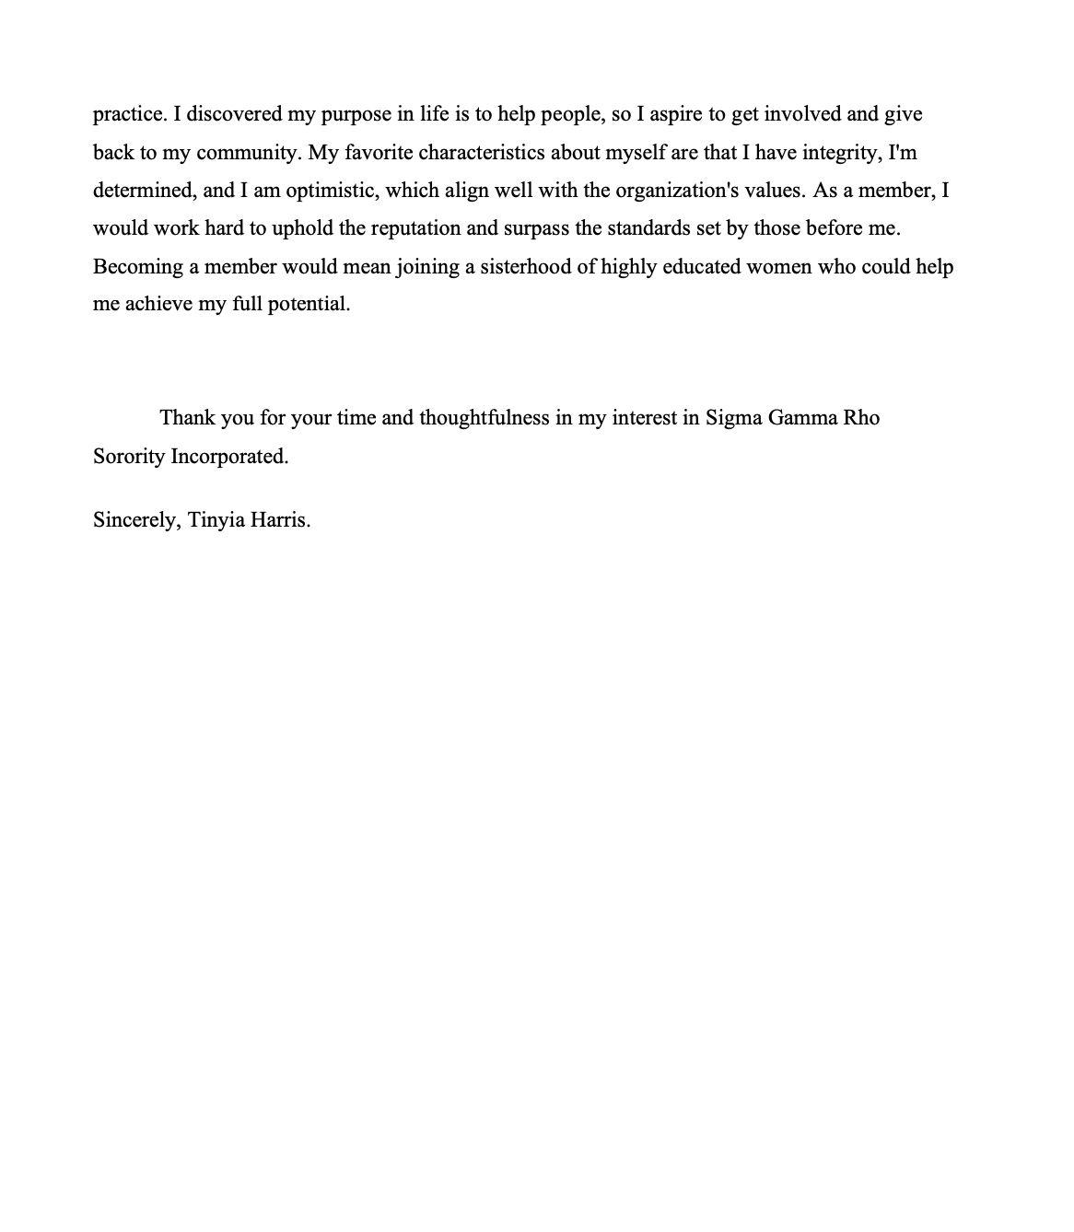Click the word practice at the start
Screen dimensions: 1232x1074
(x=130, y=114)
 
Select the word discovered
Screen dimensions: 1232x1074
(x=234, y=114)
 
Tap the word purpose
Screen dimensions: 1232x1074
(x=356, y=115)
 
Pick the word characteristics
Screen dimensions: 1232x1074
(x=482, y=152)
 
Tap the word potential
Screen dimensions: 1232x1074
(x=309, y=305)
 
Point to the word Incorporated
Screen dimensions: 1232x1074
(x=229, y=457)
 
